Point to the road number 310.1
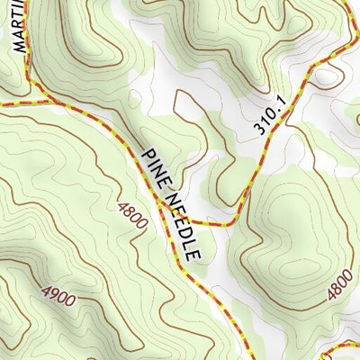[x=269, y=117]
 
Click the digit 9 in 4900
[x=51, y=294]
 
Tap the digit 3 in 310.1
[x=259, y=130]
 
